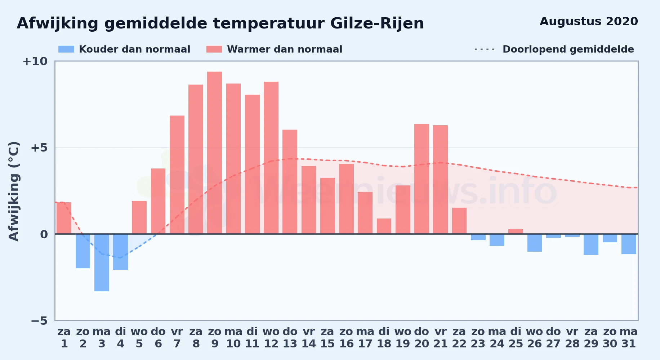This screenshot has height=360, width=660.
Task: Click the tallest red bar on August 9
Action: (x=215, y=153)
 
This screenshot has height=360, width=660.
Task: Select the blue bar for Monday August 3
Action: (x=102, y=262)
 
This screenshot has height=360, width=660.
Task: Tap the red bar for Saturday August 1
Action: (x=64, y=218)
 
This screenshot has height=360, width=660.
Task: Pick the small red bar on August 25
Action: (x=516, y=231)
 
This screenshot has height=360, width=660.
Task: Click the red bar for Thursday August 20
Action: (x=422, y=179)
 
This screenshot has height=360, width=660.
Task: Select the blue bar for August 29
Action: (x=591, y=244)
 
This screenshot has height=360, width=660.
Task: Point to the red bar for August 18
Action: (x=384, y=226)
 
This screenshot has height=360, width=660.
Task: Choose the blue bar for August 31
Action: (x=629, y=244)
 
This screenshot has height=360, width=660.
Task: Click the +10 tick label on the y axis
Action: (x=35, y=62)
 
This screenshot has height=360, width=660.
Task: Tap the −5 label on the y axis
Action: (x=39, y=321)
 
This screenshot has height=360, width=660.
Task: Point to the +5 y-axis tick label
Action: (x=39, y=148)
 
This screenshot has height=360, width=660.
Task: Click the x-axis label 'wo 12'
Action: (x=271, y=338)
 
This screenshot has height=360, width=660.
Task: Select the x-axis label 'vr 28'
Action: (x=572, y=338)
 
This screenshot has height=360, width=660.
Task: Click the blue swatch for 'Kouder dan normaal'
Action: (x=66, y=49)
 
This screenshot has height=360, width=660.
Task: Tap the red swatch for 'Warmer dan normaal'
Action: (x=214, y=49)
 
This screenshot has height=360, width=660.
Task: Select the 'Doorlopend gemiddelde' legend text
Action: (x=568, y=49)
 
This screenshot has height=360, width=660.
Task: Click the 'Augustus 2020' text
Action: (x=589, y=22)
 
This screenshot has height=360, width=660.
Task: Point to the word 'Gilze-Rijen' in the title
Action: (x=377, y=24)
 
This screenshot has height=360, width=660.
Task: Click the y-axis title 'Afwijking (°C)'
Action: (x=14, y=191)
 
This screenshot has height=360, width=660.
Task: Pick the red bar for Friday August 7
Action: (x=177, y=175)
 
